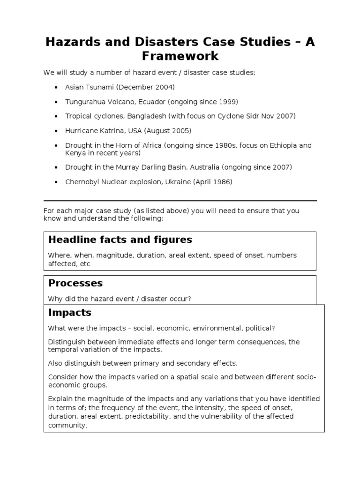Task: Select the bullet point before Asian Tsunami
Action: click(56, 88)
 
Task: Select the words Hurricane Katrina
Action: click(94, 131)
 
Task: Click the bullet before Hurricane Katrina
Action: click(56, 131)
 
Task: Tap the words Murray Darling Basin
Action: click(150, 167)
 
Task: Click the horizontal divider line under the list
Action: click(180, 200)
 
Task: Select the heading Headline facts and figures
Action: click(120, 240)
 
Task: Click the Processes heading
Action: click(75, 284)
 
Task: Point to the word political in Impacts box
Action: click(258, 328)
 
